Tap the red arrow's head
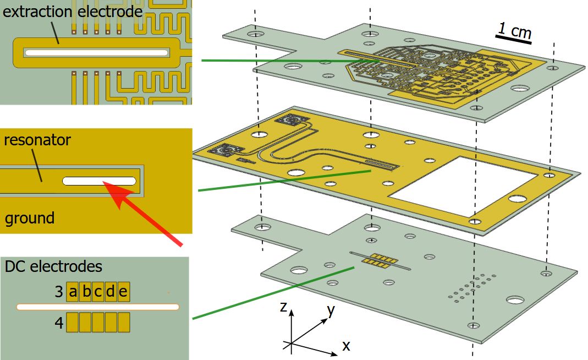click(110, 187)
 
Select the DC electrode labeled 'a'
click(73, 292)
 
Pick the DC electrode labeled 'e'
click(123, 292)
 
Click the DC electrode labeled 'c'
click(98, 292)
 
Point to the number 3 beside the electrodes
click(59, 292)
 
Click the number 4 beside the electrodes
click(59, 323)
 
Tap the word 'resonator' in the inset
click(37, 140)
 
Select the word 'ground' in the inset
click(30, 218)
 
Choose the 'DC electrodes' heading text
click(53, 266)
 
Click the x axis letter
click(346, 346)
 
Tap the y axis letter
click(331, 310)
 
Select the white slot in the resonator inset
click(99, 181)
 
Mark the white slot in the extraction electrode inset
click(96, 52)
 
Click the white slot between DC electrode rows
click(98, 307)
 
